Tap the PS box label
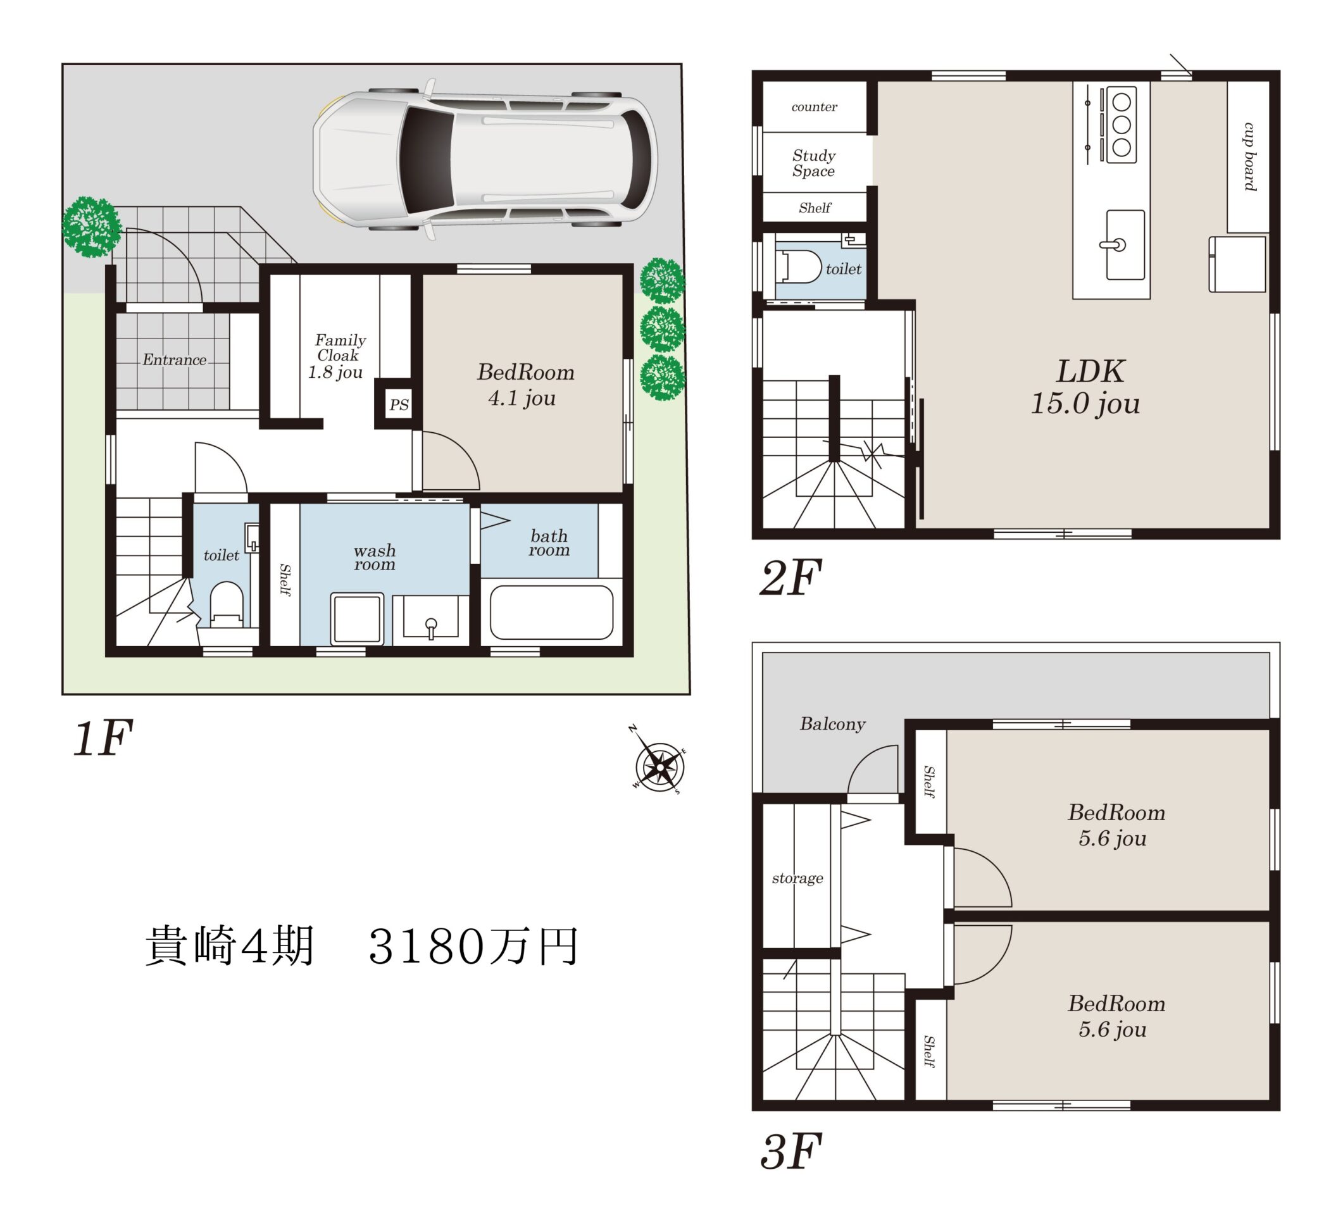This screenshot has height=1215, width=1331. click(x=399, y=404)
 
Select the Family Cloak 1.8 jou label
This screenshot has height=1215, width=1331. click(x=337, y=356)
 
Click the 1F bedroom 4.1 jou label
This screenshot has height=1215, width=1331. click(x=525, y=385)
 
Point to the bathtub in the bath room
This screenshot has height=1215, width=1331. click(x=551, y=612)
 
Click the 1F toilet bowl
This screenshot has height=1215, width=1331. click(x=227, y=603)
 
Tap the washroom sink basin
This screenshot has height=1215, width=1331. click(x=430, y=616)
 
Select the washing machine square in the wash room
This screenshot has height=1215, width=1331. click(x=357, y=618)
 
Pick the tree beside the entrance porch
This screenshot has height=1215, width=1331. click(x=91, y=227)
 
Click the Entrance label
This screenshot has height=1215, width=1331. click(x=174, y=359)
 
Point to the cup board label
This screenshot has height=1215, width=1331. click(x=1249, y=156)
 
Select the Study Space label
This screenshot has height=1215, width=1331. click(x=813, y=163)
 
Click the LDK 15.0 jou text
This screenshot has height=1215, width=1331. click(x=1087, y=387)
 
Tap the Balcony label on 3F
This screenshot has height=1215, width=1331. click(x=832, y=724)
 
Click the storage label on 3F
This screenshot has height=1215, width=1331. click(x=797, y=878)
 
